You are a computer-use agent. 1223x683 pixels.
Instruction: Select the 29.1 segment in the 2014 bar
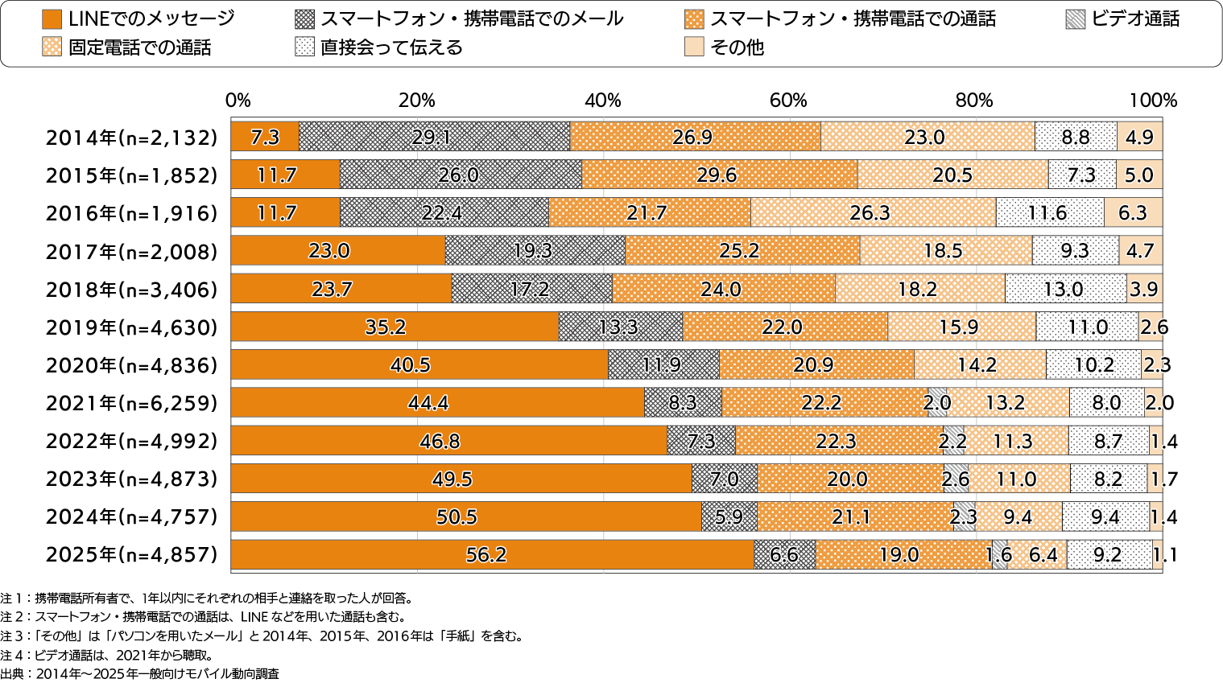point(434,137)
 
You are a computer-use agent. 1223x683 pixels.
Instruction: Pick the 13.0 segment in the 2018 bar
point(1065,289)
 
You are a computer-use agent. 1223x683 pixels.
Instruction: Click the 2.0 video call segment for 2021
point(936,402)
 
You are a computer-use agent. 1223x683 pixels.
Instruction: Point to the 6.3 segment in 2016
point(1133,213)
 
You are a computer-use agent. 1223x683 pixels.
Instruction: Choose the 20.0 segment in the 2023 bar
point(849,479)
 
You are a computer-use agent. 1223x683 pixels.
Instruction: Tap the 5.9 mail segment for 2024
point(729,516)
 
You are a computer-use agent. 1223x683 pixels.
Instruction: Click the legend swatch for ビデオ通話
point(1075,19)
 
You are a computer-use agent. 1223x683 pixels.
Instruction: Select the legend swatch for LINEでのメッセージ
point(52,19)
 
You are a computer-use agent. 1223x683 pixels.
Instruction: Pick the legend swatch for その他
point(693,47)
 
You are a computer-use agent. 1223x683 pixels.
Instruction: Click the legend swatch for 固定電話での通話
point(52,47)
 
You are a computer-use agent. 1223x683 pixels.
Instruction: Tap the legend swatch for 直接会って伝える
point(304,47)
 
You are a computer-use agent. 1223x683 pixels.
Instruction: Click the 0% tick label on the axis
point(238,101)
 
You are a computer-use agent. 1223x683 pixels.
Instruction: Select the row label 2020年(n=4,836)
point(131,365)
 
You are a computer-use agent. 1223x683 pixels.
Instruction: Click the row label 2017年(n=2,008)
point(131,252)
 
